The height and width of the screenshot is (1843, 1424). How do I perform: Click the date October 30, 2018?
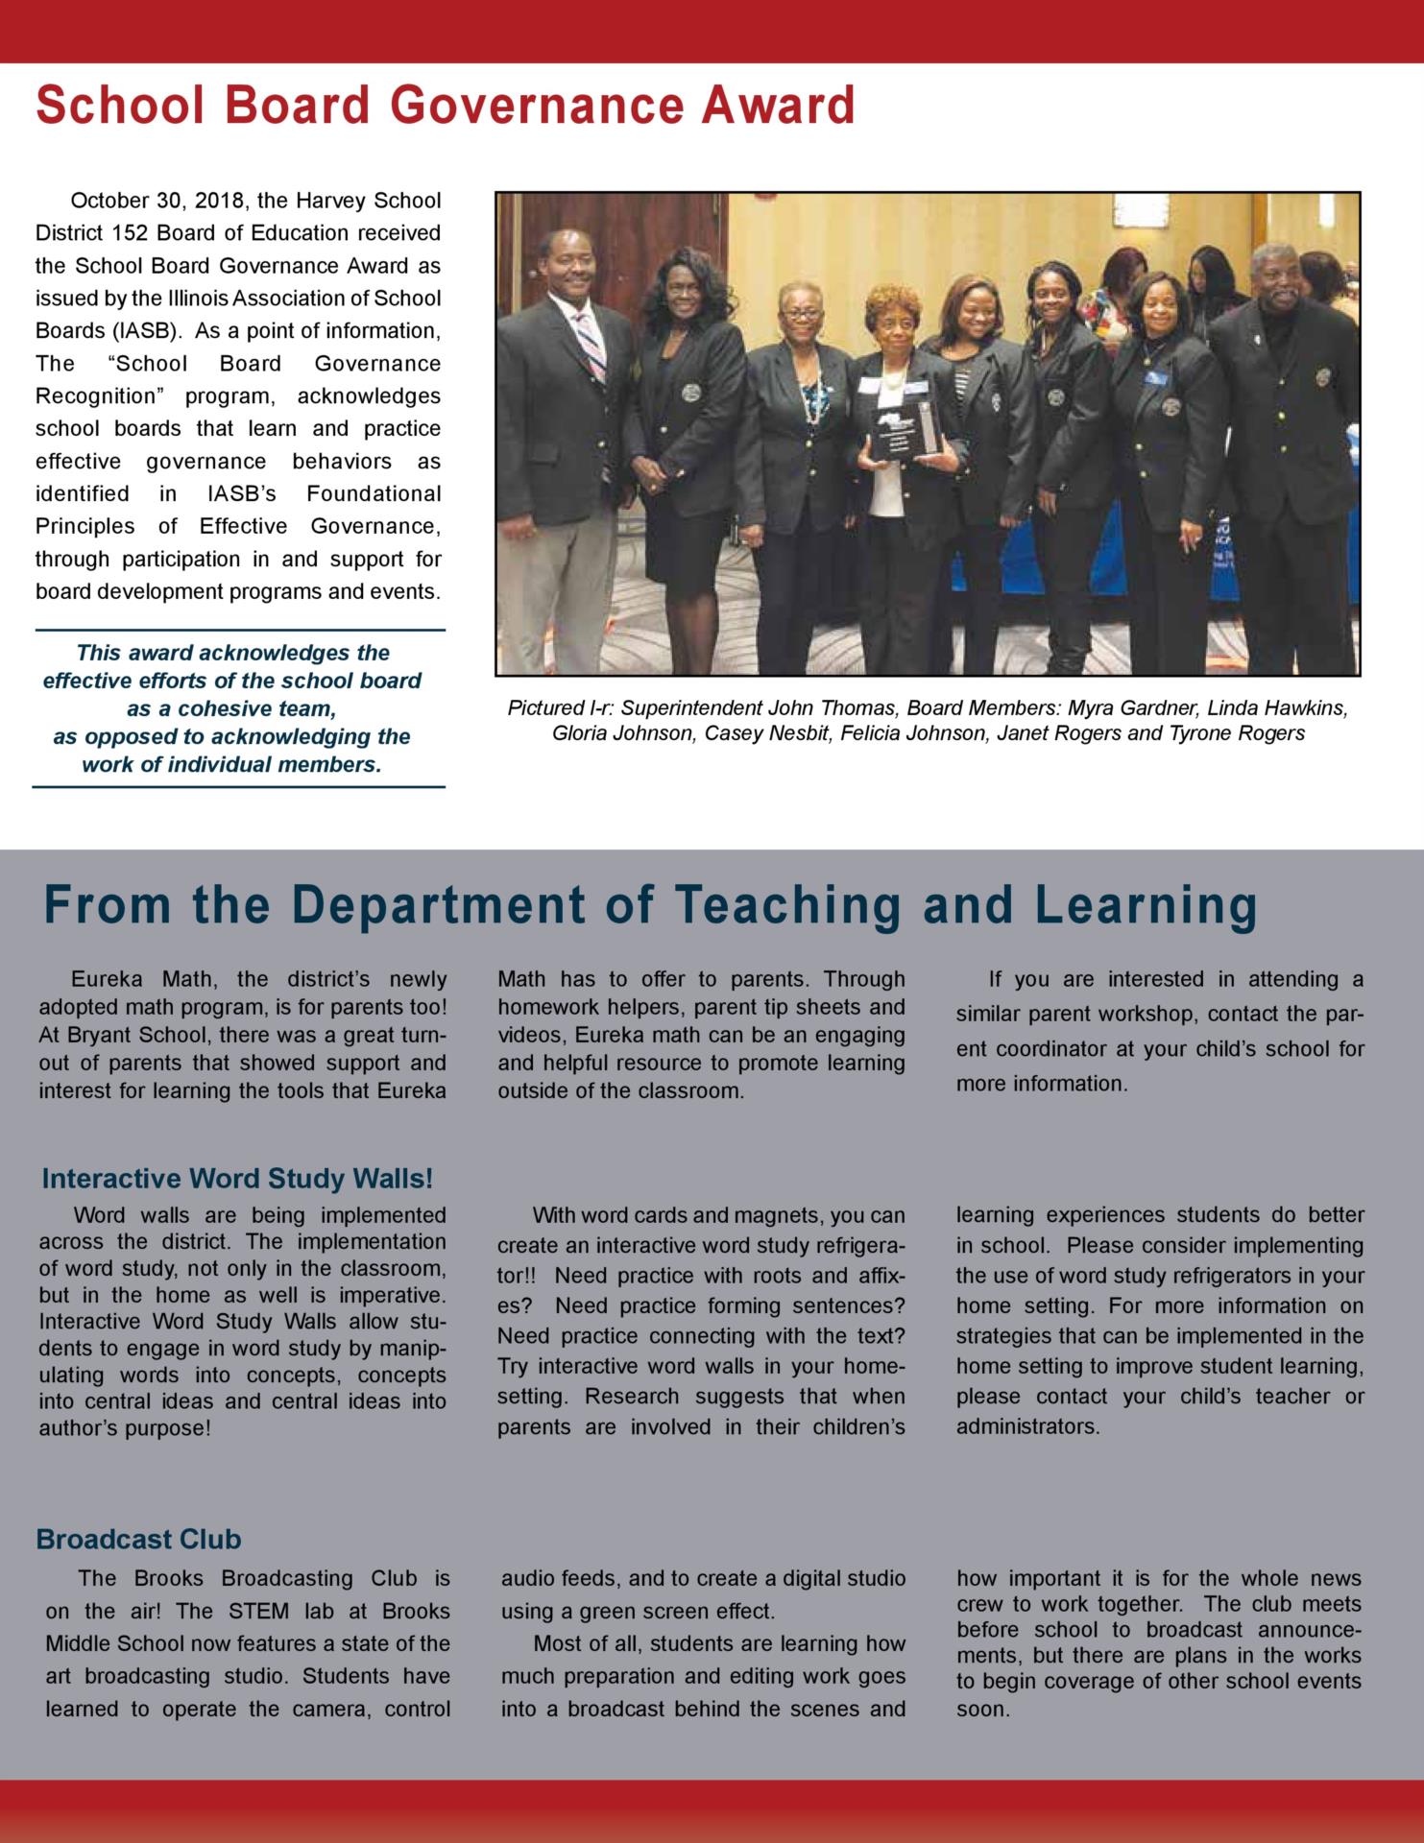pos(159,201)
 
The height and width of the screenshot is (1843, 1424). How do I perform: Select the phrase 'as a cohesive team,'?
pos(230,708)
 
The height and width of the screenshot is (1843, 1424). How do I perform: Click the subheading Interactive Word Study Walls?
pos(237,1178)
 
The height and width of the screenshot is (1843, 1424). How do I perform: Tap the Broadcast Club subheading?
pos(138,1539)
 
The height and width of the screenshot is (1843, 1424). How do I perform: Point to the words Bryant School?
pos(112,1036)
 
